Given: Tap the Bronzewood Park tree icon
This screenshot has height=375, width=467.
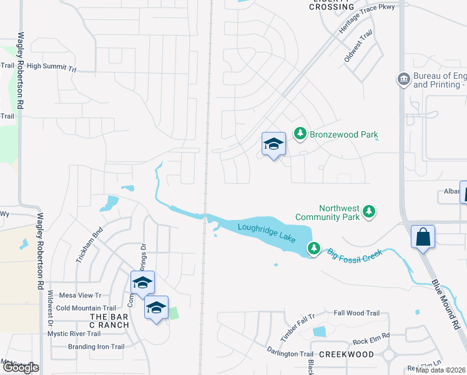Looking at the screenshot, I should [300, 134].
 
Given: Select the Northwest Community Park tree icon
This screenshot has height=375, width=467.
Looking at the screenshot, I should [369, 212].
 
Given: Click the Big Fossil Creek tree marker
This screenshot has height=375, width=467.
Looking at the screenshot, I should [313, 249].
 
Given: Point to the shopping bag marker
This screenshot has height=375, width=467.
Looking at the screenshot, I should [423, 237].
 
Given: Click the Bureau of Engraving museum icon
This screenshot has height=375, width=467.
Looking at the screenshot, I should [403, 79].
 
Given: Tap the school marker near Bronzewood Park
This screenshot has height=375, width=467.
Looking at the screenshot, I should [273, 144].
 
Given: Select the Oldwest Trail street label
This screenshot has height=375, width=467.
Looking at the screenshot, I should [358, 46].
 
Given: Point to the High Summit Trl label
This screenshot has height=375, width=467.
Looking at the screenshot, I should [51, 66].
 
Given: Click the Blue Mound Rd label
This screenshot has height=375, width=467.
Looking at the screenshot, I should [446, 304].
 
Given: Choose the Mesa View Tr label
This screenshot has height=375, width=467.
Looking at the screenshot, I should [80, 295].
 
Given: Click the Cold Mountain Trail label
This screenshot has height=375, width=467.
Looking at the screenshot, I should [86, 308].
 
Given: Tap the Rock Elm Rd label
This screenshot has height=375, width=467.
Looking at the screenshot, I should [371, 341].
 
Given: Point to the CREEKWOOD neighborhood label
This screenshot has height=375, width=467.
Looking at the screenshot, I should [346, 354].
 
